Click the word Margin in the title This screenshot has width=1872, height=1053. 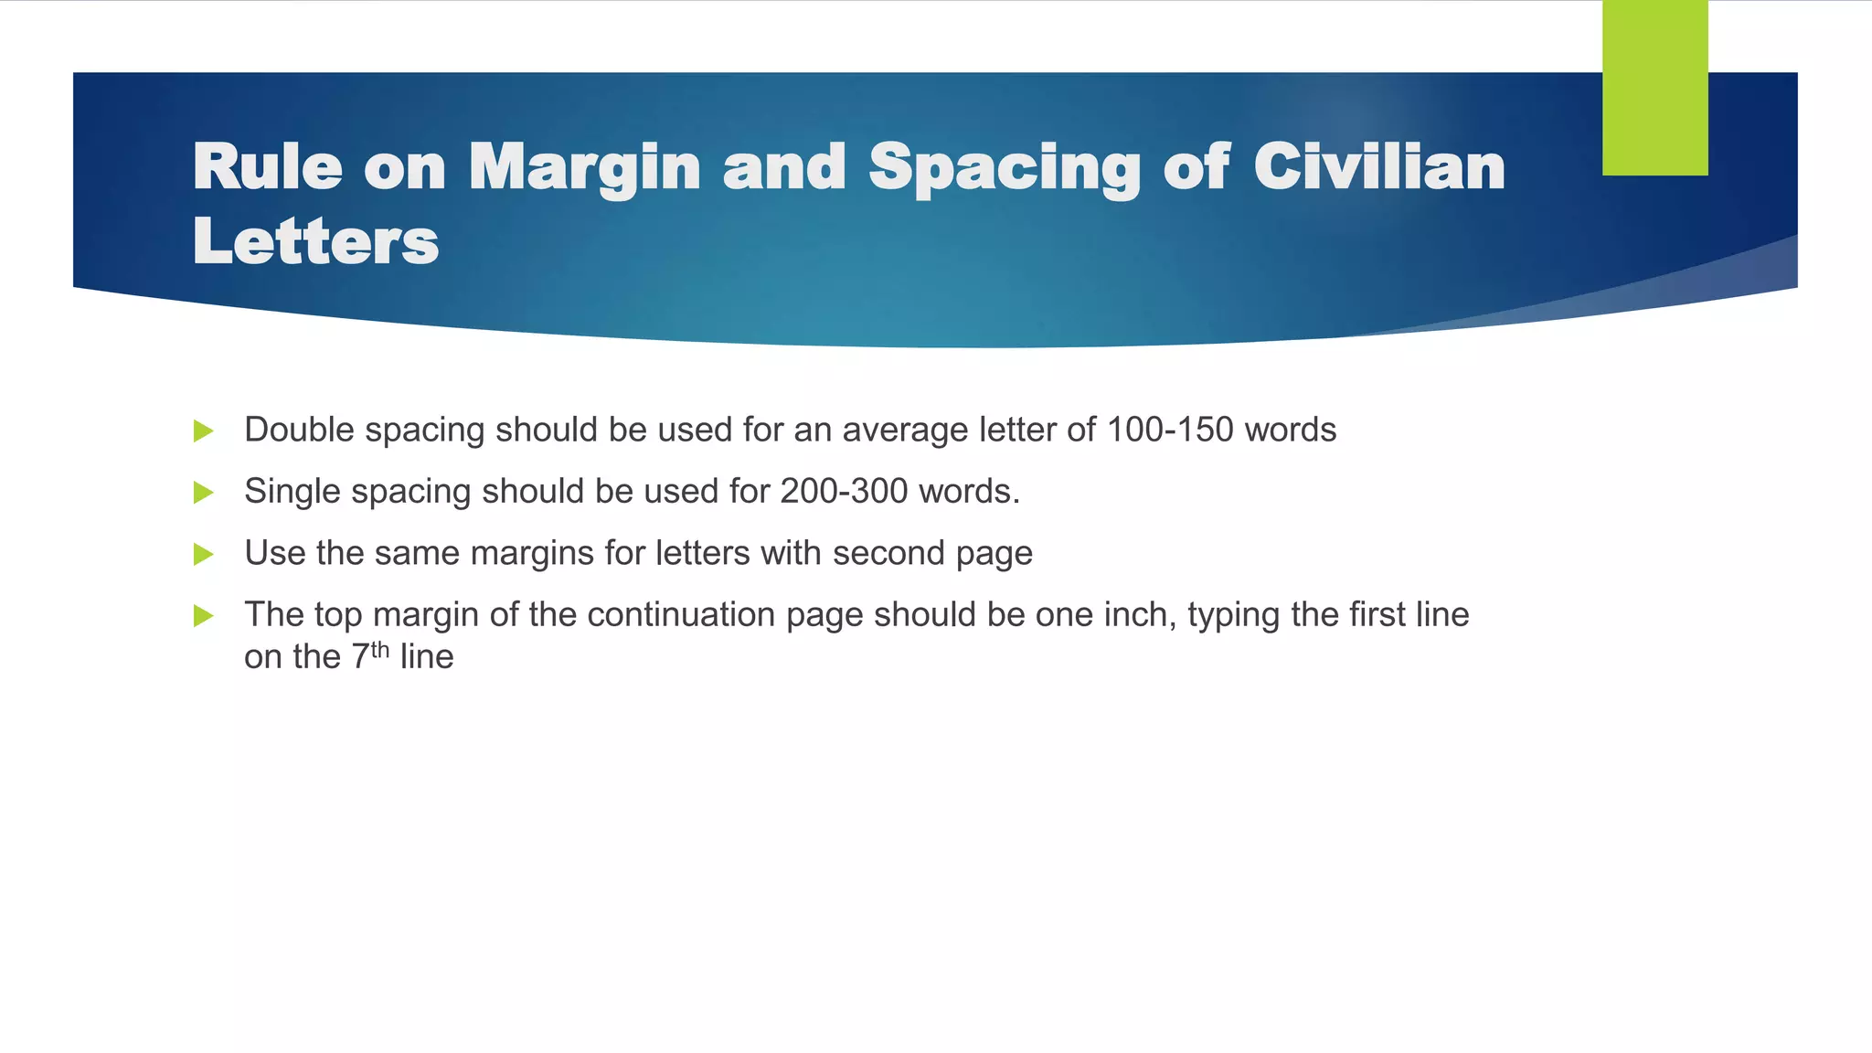click(584, 169)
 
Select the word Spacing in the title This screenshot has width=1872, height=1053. click(1005, 169)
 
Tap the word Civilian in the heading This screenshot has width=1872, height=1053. click(1378, 167)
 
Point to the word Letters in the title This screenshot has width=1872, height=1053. click(315, 241)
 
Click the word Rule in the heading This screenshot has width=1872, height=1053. click(268, 167)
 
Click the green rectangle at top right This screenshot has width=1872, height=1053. click(1654, 88)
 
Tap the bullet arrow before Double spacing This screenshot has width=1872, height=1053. click(204, 431)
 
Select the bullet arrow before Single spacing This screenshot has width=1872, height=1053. click(204, 493)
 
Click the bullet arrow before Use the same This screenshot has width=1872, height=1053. click(204, 554)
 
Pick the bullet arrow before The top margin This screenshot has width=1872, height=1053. click(204, 616)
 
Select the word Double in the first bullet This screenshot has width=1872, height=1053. click(299, 430)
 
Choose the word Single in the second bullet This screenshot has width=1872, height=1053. click(292, 492)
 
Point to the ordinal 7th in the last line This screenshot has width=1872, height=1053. click(371, 655)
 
